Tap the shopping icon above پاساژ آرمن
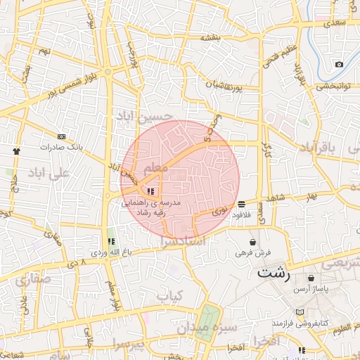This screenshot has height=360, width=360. tap(311, 278)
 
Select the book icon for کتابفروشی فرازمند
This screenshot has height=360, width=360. tap(300, 311)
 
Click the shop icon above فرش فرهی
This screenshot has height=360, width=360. tap(252, 242)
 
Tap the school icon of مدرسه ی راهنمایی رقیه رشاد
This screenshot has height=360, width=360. tap(150, 191)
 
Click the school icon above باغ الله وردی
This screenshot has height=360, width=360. tap(110, 241)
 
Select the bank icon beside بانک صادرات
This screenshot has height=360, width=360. tap(61, 136)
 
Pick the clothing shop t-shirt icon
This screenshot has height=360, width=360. tap(16, 150)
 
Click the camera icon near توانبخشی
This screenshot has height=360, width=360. tap(339, 64)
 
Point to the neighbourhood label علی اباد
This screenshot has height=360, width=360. tap(49, 172)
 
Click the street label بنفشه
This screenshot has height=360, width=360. tap(210, 37)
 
